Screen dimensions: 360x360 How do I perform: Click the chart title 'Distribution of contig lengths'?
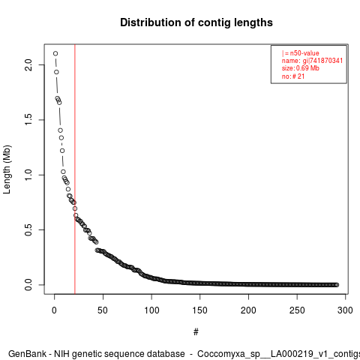[196, 22]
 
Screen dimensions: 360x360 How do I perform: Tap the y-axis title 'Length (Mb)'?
[7, 169]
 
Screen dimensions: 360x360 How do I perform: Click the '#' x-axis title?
[196, 332]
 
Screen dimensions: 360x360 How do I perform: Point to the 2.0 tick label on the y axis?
[28, 65]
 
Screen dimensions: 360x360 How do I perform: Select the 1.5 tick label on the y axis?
[28, 120]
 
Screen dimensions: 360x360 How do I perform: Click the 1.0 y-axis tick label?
[28, 175]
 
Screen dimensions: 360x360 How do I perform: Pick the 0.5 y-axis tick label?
[28, 229]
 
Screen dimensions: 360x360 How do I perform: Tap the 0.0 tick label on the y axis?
[28, 285]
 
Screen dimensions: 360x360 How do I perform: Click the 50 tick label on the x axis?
[103, 310]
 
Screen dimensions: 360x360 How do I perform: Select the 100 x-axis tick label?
[151, 310]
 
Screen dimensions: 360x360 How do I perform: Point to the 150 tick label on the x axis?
[200, 310]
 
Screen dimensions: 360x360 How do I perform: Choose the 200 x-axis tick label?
[248, 310]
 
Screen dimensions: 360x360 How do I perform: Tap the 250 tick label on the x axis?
[297, 310]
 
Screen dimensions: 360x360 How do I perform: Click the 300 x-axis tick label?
[345, 310]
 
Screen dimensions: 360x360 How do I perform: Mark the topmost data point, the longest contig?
[55, 53]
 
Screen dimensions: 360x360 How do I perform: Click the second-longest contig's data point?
[56, 72]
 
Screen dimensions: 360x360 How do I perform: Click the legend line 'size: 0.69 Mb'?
[301, 68]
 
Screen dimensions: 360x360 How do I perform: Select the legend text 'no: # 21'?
[293, 76]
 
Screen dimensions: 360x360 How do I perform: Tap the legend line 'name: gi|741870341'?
[312, 61]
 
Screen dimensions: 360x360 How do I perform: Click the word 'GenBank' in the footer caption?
[27, 354]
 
